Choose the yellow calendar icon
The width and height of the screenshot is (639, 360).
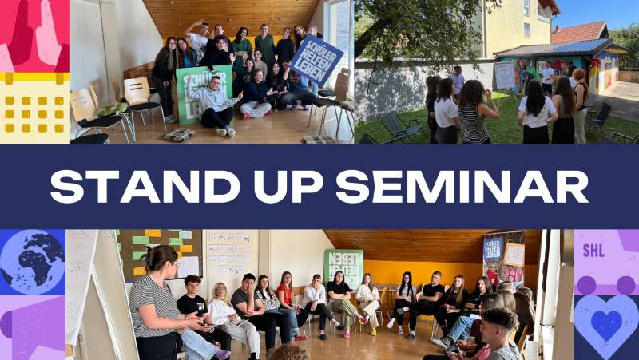[34, 108]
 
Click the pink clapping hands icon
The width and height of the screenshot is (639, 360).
[34, 36]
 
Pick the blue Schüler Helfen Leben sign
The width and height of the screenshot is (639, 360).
[316, 59]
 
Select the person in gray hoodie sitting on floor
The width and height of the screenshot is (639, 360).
[214, 102]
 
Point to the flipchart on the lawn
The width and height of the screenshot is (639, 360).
[505, 75]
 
